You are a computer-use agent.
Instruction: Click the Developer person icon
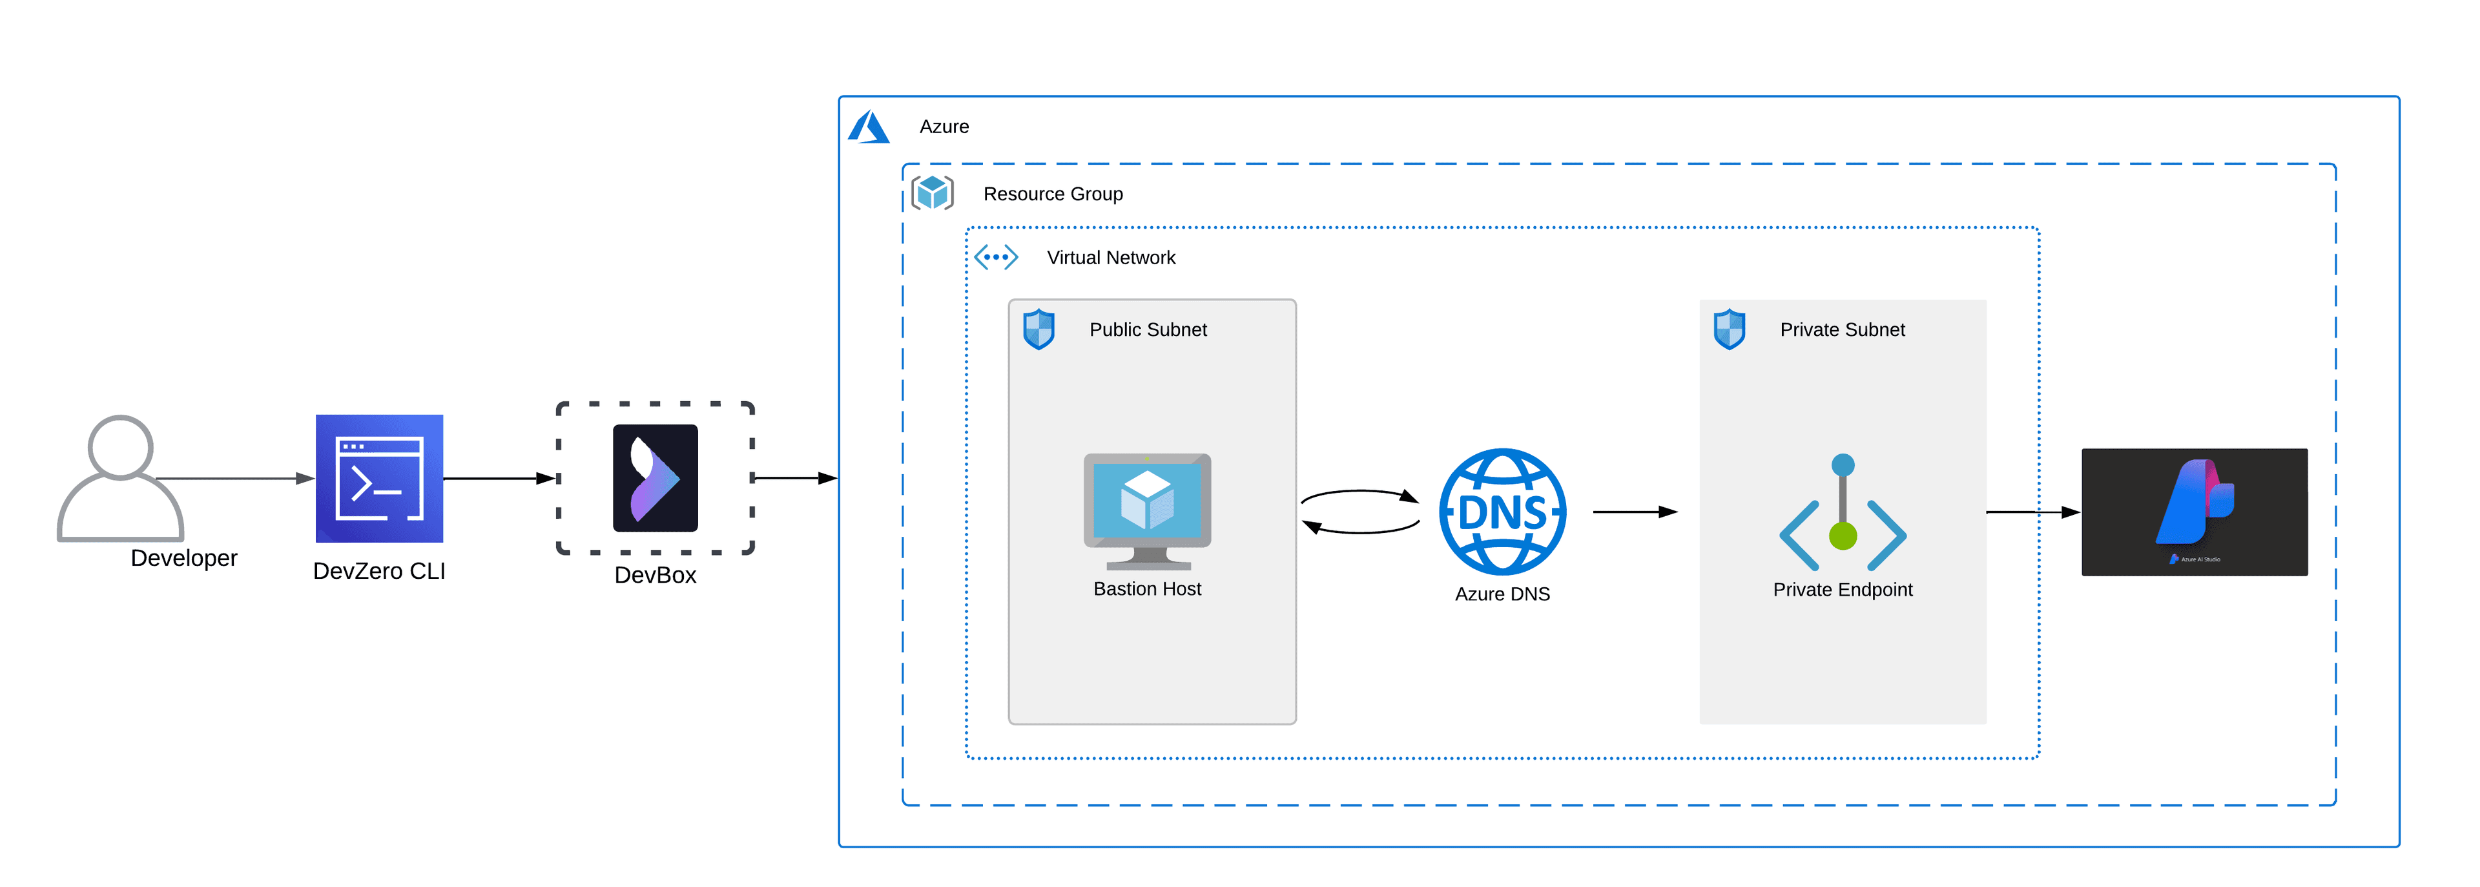[x=120, y=479]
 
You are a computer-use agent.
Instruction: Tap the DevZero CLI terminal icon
[x=379, y=479]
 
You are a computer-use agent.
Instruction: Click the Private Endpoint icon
[x=1842, y=516]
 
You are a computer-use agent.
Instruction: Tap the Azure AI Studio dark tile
[x=2193, y=512]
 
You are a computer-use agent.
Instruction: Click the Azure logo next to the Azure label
[x=869, y=127]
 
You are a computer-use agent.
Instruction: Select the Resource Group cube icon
[x=932, y=193]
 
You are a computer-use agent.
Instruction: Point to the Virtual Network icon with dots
[x=995, y=257]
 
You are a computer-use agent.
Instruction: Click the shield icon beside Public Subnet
[x=1038, y=329]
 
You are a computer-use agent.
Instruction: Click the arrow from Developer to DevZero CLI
[x=236, y=477]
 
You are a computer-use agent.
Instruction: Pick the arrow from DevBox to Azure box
[x=795, y=477]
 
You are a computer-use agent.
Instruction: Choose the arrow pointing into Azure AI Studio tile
[x=2031, y=512]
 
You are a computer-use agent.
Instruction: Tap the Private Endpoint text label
[x=1842, y=589]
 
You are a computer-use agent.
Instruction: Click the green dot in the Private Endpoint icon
[x=1842, y=536]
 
